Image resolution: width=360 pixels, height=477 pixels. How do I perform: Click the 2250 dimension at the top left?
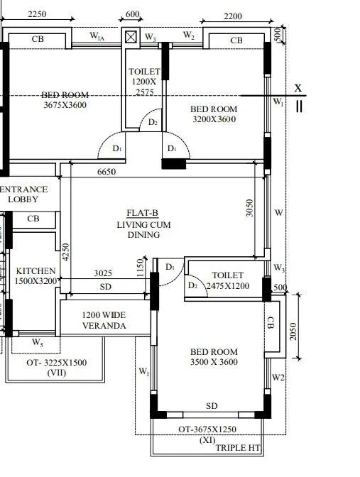[37, 14]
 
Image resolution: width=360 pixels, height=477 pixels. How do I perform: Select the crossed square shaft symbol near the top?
[131, 37]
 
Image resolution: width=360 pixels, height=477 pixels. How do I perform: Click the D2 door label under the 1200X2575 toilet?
[152, 122]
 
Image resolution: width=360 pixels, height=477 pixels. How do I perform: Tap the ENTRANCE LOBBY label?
[24, 194]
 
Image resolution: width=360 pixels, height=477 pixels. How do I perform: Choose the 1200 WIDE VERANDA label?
[104, 320]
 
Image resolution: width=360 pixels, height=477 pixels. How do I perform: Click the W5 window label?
[37, 343]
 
